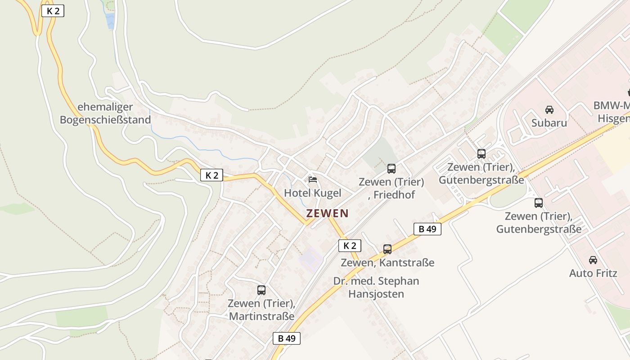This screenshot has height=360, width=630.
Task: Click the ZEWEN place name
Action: [x=327, y=213]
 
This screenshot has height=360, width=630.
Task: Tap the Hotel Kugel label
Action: [x=312, y=193]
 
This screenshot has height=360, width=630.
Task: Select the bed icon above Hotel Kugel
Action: [x=313, y=179]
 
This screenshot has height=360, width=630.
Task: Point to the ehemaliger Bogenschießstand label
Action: [x=105, y=113]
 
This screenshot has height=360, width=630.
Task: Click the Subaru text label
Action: [x=549, y=123]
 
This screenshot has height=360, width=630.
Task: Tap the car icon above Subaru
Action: [x=549, y=109]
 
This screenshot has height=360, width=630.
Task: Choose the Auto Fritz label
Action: [x=593, y=273]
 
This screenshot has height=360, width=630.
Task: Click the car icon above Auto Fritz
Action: [x=593, y=260]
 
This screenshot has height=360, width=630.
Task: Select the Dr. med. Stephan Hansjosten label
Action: [x=376, y=288]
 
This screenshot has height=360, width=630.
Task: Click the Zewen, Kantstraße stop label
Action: [x=387, y=262]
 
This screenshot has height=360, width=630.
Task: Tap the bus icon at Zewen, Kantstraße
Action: [x=387, y=249]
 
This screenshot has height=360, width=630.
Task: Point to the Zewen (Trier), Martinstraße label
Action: [x=261, y=310]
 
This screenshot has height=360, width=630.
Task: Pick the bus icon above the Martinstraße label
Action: [x=261, y=290]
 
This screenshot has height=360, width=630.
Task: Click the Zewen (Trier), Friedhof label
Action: [x=391, y=188]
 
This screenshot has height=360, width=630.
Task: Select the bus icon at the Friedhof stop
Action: [x=391, y=169]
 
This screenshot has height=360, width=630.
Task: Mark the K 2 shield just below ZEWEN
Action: [x=350, y=246]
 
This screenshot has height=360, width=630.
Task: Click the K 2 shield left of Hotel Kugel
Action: [x=211, y=175]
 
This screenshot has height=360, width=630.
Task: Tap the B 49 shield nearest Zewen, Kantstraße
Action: [x=427, y=229]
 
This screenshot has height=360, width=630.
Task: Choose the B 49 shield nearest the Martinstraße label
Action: [x=286, y=338]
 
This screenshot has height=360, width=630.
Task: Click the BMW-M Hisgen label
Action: [x=612, y=112]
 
